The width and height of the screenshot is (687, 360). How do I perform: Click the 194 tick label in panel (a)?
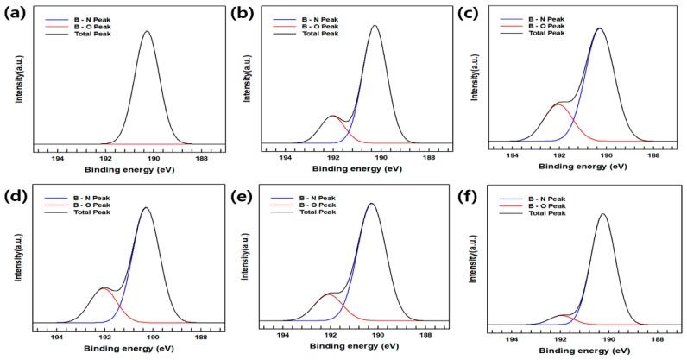pos(58,158)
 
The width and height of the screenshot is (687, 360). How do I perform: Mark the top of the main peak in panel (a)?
pos(147,32)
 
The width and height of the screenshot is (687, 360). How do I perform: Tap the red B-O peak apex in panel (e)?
pos(329,294)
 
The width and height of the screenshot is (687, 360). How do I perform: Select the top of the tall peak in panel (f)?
pos(602,214)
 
